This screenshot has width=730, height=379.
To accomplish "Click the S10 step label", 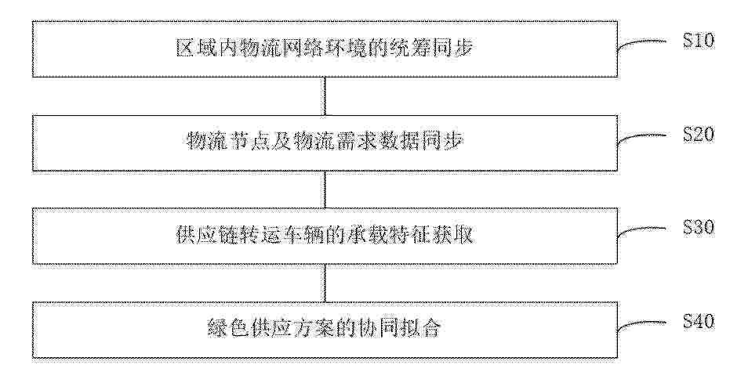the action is (x=699, y=40).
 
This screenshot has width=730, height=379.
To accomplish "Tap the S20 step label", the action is (x=699, y=134).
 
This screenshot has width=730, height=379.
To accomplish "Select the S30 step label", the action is (x=699, y=227).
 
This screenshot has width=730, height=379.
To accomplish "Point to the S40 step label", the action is (x=699, y=321).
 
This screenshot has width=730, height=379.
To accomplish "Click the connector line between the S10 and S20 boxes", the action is (x=325, y=96).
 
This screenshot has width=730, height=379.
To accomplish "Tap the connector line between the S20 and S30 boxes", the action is (x=325, y=189).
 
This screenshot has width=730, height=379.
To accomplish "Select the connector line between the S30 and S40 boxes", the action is (x=325, y=283).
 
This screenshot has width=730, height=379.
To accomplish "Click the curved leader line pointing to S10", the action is (x=641, y=42).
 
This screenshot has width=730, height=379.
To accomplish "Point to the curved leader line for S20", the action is (x=641, y=136).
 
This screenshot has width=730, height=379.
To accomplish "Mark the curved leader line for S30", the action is (x=641, y=229).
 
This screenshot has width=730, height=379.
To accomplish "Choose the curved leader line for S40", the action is (x=641, y=323).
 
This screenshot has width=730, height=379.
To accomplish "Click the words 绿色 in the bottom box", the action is (x=227, y=328).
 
